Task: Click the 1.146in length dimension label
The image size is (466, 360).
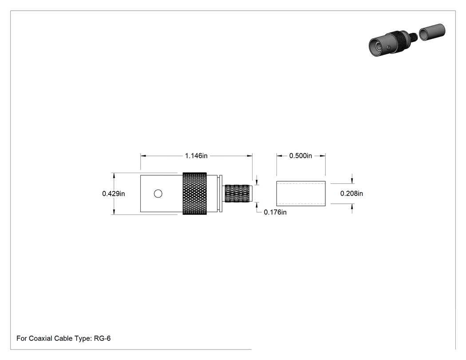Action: pyautogui.click(x=196, y=156)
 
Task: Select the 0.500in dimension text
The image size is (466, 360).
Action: pyautogui.click(x=300, y=156)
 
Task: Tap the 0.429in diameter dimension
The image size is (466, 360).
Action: pyautogui.click(x=114, y=194)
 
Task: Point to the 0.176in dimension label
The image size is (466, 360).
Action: pyautogui.click(x=275, y=212)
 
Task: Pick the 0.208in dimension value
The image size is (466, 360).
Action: pyautogui.click(x=351, y=194)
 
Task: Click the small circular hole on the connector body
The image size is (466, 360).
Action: pyautogui.click(x=158, y=194)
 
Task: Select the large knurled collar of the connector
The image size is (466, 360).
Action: pyautogui.click(x=195, y=194)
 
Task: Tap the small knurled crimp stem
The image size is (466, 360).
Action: pyautogui.click(x=237, y=194)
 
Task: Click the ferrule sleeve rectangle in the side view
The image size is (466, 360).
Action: pyautogui.click(x=301, y=194)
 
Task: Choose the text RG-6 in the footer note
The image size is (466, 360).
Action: pyautogui.click(x=102, y=338)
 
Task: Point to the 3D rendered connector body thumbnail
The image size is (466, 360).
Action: pyautogui.click(x=392, y=44)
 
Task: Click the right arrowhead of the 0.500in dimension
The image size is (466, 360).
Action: pyautogui.click(x=323, y=156)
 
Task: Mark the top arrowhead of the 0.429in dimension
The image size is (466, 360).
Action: pyautogui.click(x=114, y=175)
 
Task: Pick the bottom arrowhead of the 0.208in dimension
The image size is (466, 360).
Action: pyautogui.click(x=352, y=206)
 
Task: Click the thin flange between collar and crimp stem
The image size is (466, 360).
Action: pyautogui.click(x=220, y=194)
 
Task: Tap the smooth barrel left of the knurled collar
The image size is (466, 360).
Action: pyautogui.click(x=162, y=194)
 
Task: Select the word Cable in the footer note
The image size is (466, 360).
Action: pyautogui.click(x=63, y=338)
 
